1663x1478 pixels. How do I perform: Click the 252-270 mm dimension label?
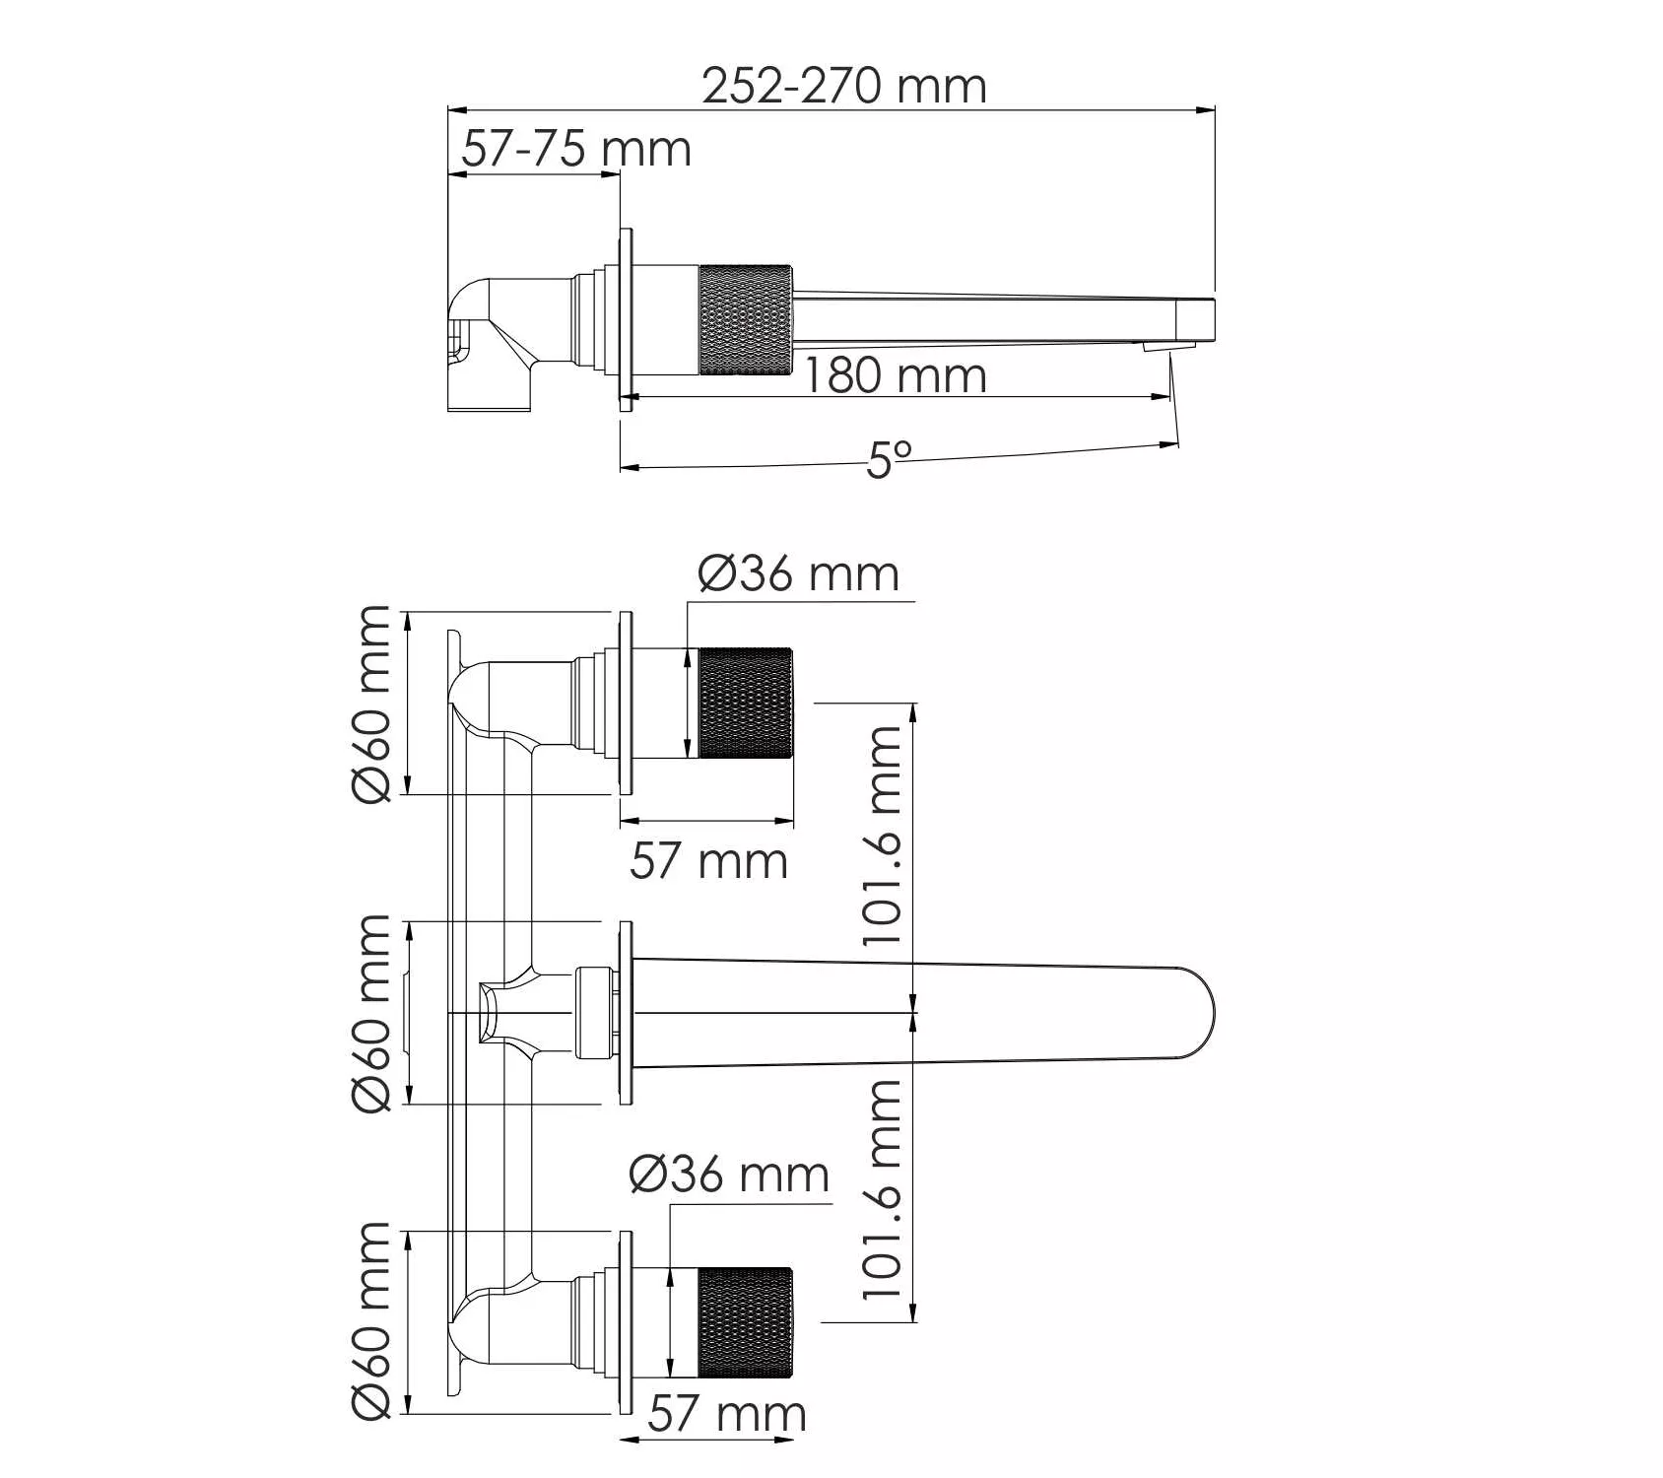click(x=844, y=86)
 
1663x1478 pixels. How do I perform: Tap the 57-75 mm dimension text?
click(x=576, y=149)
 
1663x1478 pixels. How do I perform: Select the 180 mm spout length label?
click(x=896, y=375)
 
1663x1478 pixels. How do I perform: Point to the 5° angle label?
click(x=890, y=458)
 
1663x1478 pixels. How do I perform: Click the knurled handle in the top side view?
click(x=746, y=320)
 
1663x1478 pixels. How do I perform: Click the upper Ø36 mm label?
click(x=799, y=573)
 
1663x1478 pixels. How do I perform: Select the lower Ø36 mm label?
click(x=729, y=1175)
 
